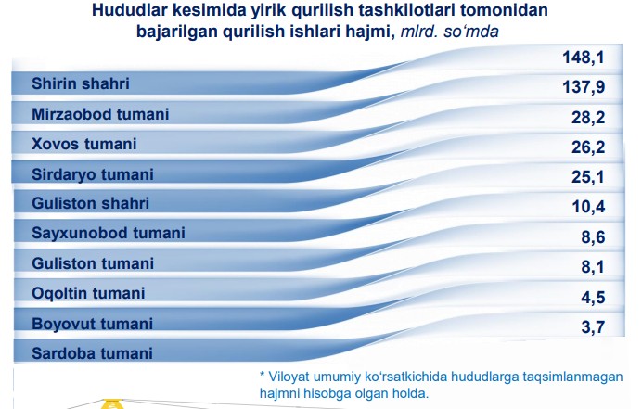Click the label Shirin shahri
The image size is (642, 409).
pyautogui.click(x=81, y=83)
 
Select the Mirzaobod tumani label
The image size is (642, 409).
pyautogui.click(x=100, y=114)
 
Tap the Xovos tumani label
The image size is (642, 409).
pyautogui.click(x=83, y=144)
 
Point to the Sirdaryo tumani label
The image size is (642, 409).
pyautogui.click(x=93, y=174)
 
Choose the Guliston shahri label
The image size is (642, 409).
pyautogui.click(x=91, y=203)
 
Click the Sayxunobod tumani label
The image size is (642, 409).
pyautogui.click(x=109, y=233)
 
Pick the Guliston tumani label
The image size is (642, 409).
pyautogui.click(x=93, y=263)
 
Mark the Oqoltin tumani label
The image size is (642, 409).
pyautogui.click(x=88, y=294)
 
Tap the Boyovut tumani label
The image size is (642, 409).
pyautogui.click(x=92, y=324)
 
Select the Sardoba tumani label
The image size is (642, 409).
pyautogui.click(x=92, y=353)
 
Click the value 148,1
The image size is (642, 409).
pyautogui.click(x=584, y=58)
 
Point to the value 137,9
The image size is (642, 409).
pyautogui.click(x=584, y=87)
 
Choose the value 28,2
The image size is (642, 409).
pyautogui.click(x=588, y=118)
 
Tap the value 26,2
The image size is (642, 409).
pyautogui.click(x=588, y=147)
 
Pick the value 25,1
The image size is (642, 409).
pyautogui.click(x=588, y=177)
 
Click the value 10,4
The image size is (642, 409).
pyautogui.click(x=588, y=207)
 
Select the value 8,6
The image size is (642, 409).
pyautogui.click(x=593, y=237)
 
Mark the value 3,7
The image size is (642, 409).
pyautogui.click(x=593, y=327)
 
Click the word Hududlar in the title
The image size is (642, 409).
pyautogui.click(x=129, y=10)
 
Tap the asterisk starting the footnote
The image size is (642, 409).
pyautogui.click(x=263, y=374)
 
